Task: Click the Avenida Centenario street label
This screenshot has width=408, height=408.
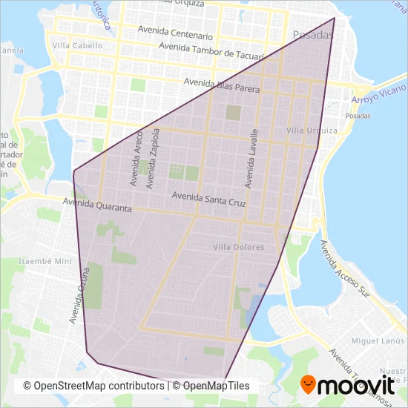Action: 177,33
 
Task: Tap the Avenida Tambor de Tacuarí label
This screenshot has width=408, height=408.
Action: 212,50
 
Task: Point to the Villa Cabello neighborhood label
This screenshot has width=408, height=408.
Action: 73,45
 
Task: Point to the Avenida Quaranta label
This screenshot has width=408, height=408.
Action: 97,204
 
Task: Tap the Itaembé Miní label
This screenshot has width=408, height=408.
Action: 45,261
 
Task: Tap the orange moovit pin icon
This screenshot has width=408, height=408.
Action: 309,385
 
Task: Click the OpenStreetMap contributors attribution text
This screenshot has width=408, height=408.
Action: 93,386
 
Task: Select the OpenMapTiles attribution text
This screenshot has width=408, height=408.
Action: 216,386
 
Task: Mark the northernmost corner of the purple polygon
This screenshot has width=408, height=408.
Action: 335,18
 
